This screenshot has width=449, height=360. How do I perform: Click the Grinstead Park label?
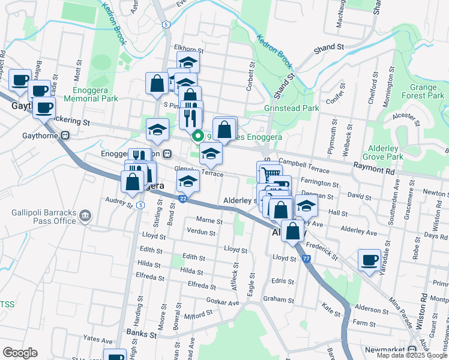(x=291, y=109)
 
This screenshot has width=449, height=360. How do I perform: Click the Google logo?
(x=20, y=353)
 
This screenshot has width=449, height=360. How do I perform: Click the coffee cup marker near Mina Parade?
(x=370, y=261)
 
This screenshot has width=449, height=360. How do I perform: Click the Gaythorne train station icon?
(x=65, y=134)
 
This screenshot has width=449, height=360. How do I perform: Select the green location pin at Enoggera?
(x=196, y=136)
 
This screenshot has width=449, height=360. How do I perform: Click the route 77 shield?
(x=307, y=259)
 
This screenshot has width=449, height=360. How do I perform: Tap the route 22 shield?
(x=182, y=197)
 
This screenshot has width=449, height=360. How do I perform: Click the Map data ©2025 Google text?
(x=411, y=355)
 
